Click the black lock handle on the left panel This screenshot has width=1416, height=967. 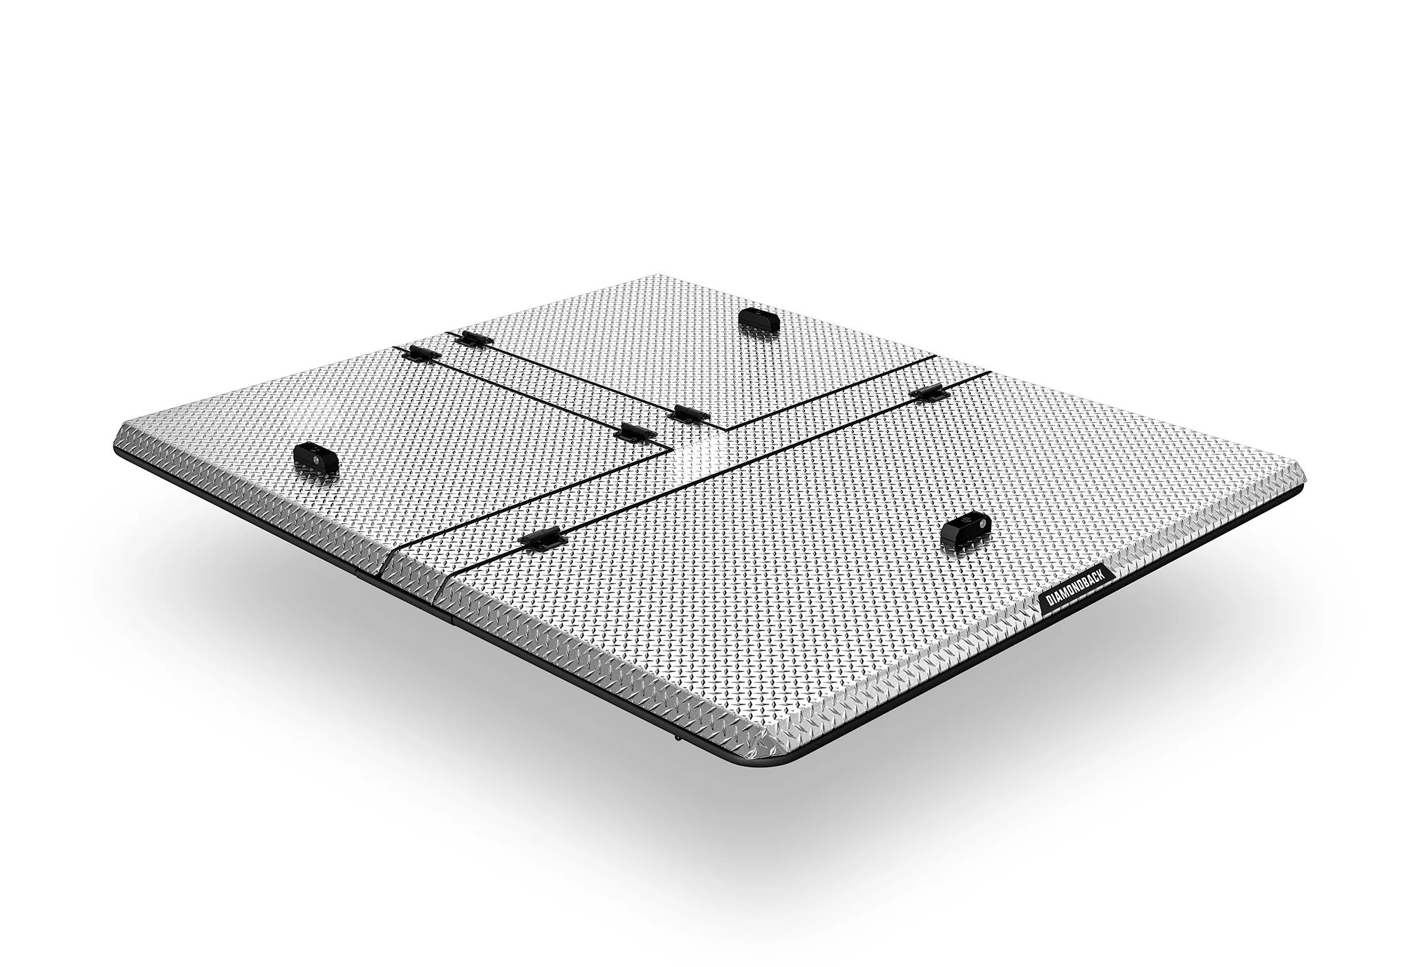[316, 458]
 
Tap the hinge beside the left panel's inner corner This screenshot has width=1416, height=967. [635, 432]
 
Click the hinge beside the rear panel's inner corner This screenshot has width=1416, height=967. [688, 414]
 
